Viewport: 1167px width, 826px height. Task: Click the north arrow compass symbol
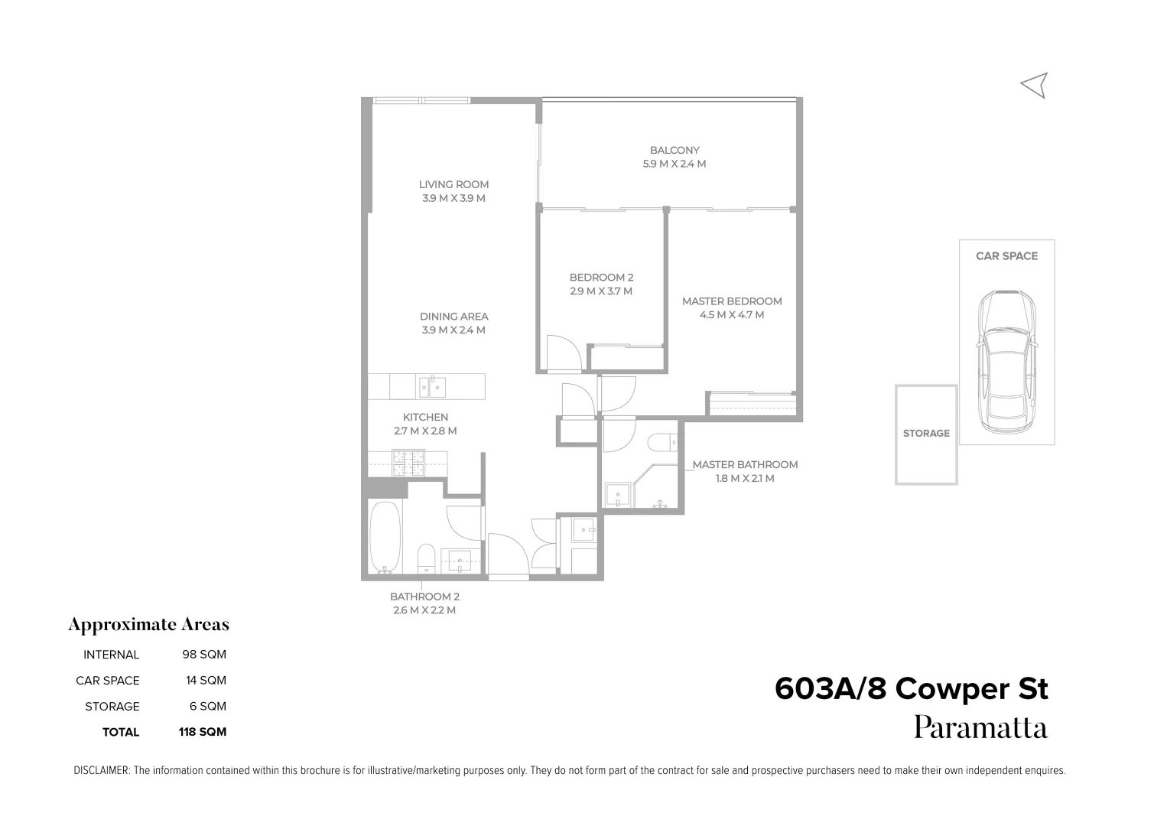pyautogui.click(x=1034, y=86)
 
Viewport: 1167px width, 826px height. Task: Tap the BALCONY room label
pyautogui.click(x=675, y=151)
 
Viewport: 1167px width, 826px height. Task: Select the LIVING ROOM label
pyautogui.click(x=453, y=184)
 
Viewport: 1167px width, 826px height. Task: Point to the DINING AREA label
pyautogui.click(x=453, y=317)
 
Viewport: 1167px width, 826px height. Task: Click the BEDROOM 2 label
pyautogui.click(x=601, y=278)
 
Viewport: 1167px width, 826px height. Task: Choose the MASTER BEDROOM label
pyautogui.click(x=732, y=301)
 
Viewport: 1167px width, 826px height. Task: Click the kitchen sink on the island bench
pyautogui.click(x=431, y=386)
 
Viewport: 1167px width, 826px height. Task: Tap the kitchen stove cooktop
pyautogui.click(x=408, y=463)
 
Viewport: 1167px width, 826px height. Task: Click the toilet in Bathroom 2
pyautogui.click(x=427, y=558)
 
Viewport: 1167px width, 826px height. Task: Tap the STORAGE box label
pyautogui.click(x=926, y=434)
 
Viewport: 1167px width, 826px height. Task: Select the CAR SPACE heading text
pyautogui.click(x=1006, y=256)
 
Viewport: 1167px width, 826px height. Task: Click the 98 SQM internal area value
pyautogui.click(x=203, y=655)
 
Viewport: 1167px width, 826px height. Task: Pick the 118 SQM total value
pyautogui.click(x=203, y=732)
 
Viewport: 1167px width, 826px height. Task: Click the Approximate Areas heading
pyautogui.click(x=148, y=625)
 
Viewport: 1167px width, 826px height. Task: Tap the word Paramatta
pyautogui.click(x=980, y=727)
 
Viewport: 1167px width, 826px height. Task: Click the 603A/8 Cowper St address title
pyautogui.click(x=911, y=689)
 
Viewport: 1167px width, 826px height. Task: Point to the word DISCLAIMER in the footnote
pyautogui.click(x=101, y=771)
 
